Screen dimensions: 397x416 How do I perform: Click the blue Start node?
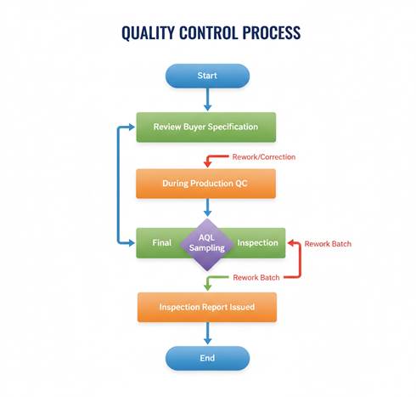point(207,76)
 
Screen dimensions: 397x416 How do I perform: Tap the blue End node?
point(207,358)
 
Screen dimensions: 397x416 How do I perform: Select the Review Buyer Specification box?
point(205,128)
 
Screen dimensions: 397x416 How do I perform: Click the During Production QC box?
point(205,184)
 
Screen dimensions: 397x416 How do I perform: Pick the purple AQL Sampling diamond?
point(207,243)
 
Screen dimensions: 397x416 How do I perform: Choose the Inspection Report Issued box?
point(206,307)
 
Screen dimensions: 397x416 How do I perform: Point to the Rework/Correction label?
point(263,157)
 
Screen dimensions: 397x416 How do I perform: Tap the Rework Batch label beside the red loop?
point(328,244)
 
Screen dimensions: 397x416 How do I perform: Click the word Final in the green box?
point(162,243)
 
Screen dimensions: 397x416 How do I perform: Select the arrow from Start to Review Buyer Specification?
point(207,99)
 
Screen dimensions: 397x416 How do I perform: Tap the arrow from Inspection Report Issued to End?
point(207,332)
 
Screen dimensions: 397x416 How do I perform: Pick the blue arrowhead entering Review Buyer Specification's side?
point(132,128)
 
